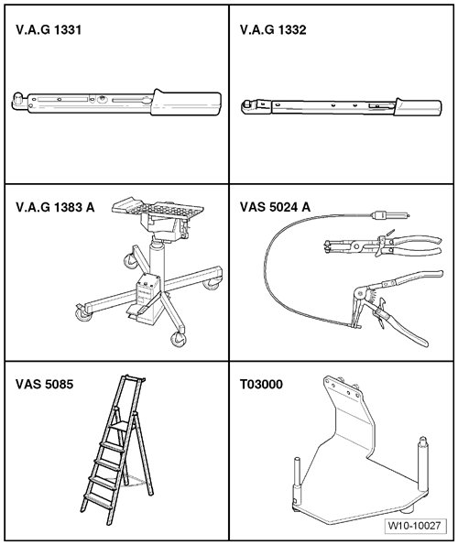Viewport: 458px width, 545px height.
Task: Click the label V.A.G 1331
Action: [x=49, y=30]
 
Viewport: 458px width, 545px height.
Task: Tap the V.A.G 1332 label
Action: [x=273, y=30]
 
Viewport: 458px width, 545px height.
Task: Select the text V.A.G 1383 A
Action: [x=55, y=207]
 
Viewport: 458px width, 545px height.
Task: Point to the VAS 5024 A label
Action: [x=275, y=207]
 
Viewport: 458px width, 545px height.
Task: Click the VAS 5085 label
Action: [x=45, y=385]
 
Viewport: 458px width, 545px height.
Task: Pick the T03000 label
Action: [x=261, y=385]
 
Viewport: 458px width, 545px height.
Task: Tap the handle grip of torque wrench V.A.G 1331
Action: [x=186, y=103]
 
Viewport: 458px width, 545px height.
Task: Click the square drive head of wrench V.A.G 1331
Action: [x=17, y=101]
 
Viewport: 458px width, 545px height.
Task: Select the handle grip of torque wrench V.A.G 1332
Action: [x=418, y=106]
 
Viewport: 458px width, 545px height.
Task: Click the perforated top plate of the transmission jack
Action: [x=158, y=208]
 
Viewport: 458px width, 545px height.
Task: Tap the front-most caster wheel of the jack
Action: [x=179, y=339]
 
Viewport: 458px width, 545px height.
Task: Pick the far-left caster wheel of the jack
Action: [x=83, y=313]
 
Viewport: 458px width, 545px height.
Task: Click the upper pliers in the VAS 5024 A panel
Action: [x=382, y=245]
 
